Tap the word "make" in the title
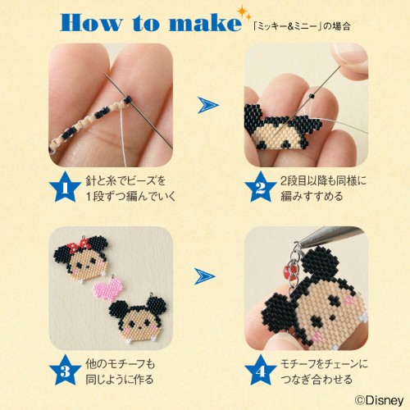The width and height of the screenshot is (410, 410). (205, 22)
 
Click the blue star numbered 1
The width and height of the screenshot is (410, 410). (65, 188)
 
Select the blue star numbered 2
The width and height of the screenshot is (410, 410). (260, 188)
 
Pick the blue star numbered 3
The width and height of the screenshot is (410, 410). (65, 371)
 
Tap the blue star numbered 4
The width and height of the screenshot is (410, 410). (260, 371)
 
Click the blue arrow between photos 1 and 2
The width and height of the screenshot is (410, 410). (207, 105)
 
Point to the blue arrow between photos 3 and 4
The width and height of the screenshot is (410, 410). (205, 276)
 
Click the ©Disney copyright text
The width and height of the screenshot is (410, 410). (379, 401)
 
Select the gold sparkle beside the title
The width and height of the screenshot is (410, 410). (243, 12)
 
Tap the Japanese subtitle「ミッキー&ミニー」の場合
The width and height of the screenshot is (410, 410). (302, 27)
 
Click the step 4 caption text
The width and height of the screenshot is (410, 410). (324, 371)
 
